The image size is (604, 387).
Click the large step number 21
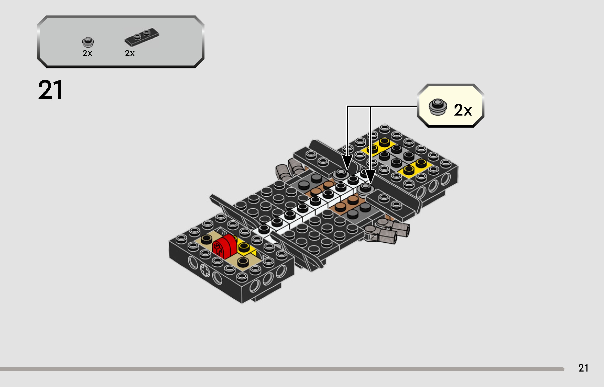tap(50, 90)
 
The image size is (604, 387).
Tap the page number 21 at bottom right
tap(583, 368)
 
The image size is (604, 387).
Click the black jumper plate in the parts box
tap(142, 37)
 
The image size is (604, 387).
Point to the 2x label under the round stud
tap(87, 53)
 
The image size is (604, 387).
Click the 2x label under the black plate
tap(130, 53)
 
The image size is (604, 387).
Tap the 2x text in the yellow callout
tap(463, 110)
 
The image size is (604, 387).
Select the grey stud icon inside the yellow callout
tap(437, 107)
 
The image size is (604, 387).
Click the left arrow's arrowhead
tap(347, 162)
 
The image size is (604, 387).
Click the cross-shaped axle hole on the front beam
tap(205, 271)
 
